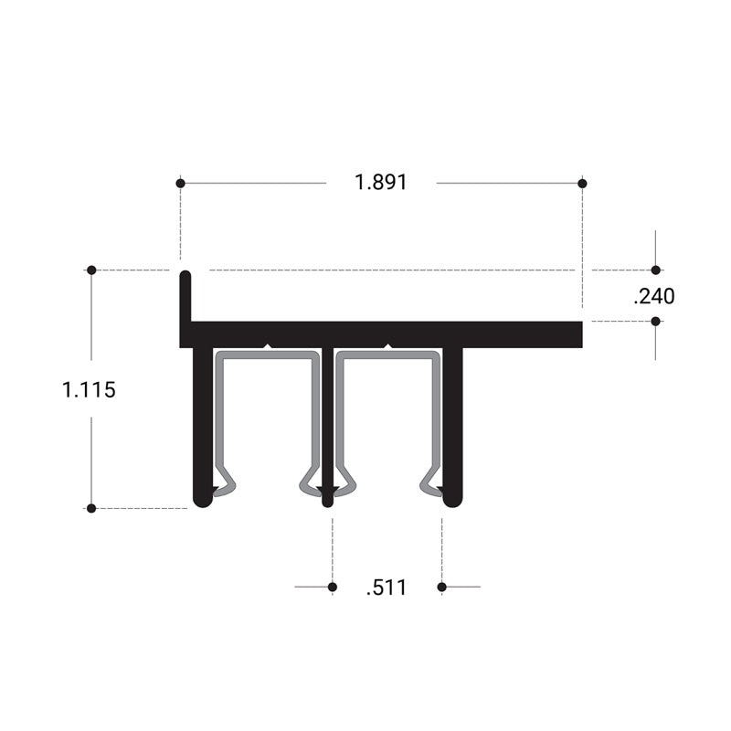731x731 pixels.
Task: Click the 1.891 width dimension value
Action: coord(381,183)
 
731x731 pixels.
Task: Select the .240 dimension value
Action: coord(653,296)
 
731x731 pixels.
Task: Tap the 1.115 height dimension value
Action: coord(89,390)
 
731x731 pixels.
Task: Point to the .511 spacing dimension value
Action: coord(386,588)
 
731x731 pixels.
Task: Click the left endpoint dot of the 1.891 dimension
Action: coord(180,184)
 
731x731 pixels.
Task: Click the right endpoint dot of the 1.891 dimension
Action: coord(582,184)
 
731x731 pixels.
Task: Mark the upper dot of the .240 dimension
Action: coord(655,270)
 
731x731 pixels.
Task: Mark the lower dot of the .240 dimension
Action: coord(655,321)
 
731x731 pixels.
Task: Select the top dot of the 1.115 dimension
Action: coord(91,270)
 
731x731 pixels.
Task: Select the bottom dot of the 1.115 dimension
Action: coord(91,508)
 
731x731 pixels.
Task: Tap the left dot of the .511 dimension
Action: coord(332,587)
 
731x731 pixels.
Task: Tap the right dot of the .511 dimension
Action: coord(441,587)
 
